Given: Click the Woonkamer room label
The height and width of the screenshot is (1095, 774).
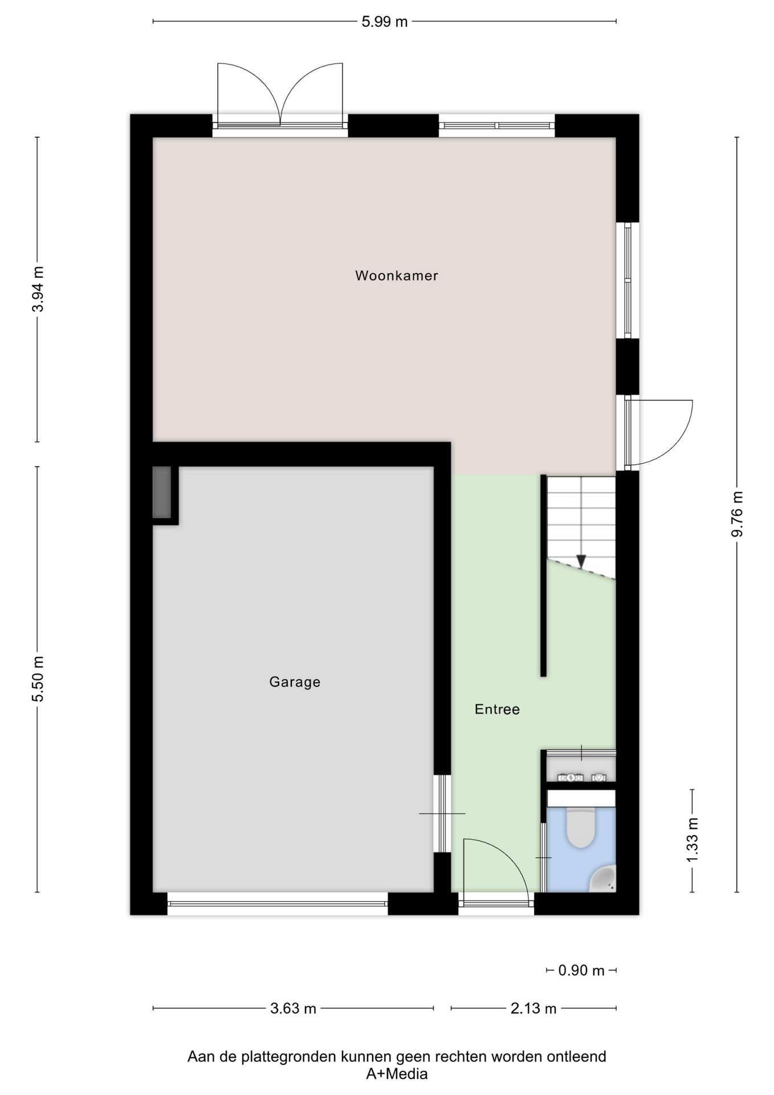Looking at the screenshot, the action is tap(397, 275).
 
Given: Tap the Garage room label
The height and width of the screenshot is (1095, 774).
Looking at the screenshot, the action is tap(295, 682).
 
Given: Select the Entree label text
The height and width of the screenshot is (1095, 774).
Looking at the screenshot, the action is tap(497, 709).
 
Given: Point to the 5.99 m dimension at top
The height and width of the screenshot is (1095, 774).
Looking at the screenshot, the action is tap(385, 22).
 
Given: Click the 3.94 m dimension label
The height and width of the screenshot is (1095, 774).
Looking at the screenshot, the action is tap(38, 289).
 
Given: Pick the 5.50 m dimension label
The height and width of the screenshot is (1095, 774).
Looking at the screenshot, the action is tap(38, 679).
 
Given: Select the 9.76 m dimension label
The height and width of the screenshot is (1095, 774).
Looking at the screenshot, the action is tap(737, 514).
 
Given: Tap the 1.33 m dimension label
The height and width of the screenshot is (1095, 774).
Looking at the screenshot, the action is tap(692, 840).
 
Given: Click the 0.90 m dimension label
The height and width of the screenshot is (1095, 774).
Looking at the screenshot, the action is tap(581, 970).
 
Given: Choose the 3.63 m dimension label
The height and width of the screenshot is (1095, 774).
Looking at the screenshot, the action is tap(293, 1008).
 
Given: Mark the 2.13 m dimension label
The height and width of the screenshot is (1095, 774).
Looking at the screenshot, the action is tap(533, 1008).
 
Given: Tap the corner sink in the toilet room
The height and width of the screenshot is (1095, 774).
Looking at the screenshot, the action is tap(603, 879).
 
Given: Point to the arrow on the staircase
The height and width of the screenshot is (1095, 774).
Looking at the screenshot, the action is tap(581, 562).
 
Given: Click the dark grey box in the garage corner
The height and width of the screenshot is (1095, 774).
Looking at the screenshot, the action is tap(162, 493).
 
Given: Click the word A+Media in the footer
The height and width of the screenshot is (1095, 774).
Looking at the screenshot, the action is tap(397, 1074).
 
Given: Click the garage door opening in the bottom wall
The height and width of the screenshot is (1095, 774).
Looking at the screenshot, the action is tap(278, 903).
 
